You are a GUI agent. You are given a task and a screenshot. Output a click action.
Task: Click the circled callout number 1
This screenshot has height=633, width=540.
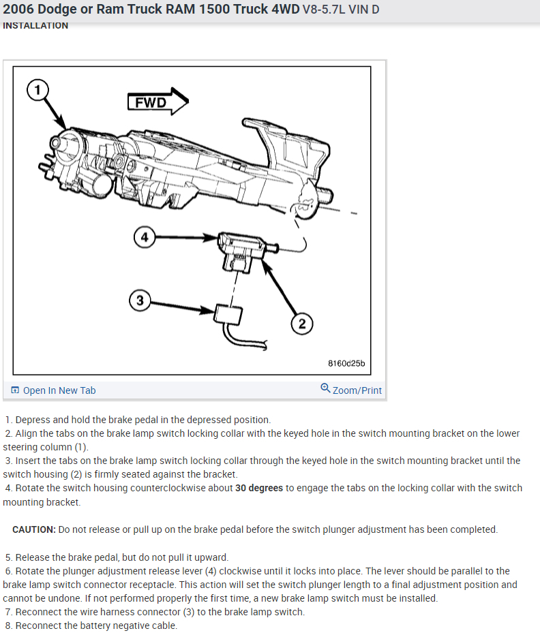pyautogui.click(x=39, y=89)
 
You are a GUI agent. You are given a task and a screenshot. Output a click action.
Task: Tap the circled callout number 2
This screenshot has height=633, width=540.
pyautogui.click(x=302, y=324)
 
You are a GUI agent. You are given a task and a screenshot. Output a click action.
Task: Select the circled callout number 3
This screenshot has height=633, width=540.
pyautogui.click(x=140, y=300)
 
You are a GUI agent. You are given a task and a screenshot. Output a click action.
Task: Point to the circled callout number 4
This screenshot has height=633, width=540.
pyautogui.click(x=144, y=237)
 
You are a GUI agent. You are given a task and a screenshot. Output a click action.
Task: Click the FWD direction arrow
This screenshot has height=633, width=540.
pyautogui.click(x=157, y=102)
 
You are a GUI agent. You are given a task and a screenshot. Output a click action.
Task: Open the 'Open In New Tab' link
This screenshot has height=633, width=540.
pyautogui.click(x=59, y=390)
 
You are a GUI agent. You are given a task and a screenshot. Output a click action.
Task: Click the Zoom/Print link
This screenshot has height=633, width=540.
pyautogui.click(x=357, y=390)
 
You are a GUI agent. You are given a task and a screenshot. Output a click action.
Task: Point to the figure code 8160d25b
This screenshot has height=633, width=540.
pyautogui.click(x=346, y=364)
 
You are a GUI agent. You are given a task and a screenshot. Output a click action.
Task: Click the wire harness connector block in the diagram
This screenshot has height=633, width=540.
pyautogui.click(x=228, y=314)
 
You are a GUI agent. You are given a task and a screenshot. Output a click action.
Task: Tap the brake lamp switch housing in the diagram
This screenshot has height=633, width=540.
pyautogui.click(x=239, y=247)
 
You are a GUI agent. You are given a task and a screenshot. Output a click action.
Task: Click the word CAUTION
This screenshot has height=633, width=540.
pyautogui.click(x=34, y=529)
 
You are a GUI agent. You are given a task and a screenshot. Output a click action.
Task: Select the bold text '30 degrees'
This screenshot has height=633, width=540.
pyautogui.click(x=259, y=488)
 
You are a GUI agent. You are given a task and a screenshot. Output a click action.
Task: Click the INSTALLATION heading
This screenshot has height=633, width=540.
pyautogui.click(x=35, y=25)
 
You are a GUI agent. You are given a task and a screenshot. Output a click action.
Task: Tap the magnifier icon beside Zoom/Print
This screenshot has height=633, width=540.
pyautogui.click(x=325, y=389)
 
